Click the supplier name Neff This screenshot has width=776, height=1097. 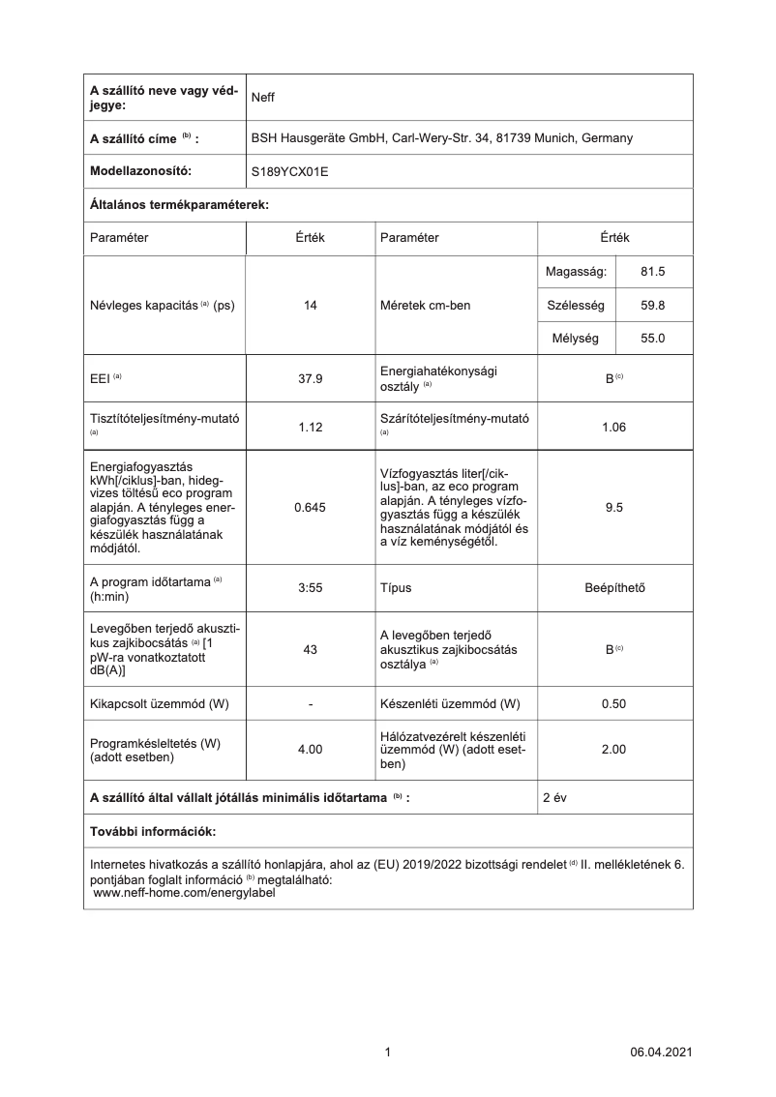point(263,97)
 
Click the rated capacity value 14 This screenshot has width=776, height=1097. point(311,306)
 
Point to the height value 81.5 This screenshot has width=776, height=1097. point(653,272)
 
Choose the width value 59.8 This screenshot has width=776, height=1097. point(653,306)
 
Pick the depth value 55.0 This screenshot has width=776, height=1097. point(653,339)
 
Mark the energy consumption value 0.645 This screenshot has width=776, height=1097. point(311,506)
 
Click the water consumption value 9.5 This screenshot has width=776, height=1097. point(614,506)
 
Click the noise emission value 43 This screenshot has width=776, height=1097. point(311,649)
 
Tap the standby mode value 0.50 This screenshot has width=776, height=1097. point(614,703)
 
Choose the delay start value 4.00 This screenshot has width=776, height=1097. point(311,749)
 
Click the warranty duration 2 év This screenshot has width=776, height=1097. point(555,797)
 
